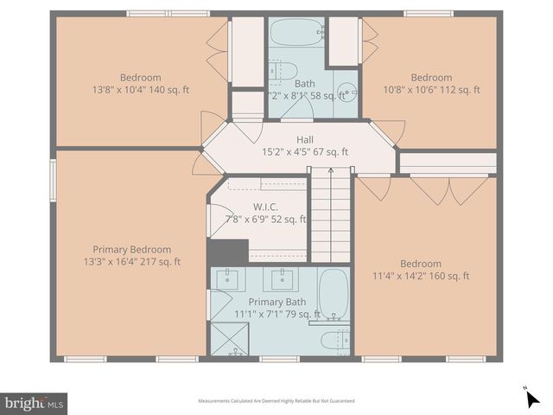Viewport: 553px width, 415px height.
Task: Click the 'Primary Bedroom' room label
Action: pos(132,250)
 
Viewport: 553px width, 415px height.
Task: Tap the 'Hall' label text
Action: pos(305,139)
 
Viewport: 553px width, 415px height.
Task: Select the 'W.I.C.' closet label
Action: pos(264,207)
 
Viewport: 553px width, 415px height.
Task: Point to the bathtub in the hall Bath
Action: pos(296,35)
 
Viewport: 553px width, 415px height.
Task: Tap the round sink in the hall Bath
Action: pos(346,92)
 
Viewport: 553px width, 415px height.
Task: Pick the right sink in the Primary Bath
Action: pos(282,278)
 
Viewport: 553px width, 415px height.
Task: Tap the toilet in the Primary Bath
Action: pos(335,340)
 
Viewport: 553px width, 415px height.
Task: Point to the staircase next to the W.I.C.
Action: pos(329,215)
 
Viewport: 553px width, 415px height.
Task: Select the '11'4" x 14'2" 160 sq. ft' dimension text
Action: pos(420,277)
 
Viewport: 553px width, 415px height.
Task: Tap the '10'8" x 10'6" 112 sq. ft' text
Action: pos(431,89)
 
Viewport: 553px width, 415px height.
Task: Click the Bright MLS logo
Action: pos(34,403)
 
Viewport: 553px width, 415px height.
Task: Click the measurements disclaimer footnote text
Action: pos(276,401)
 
